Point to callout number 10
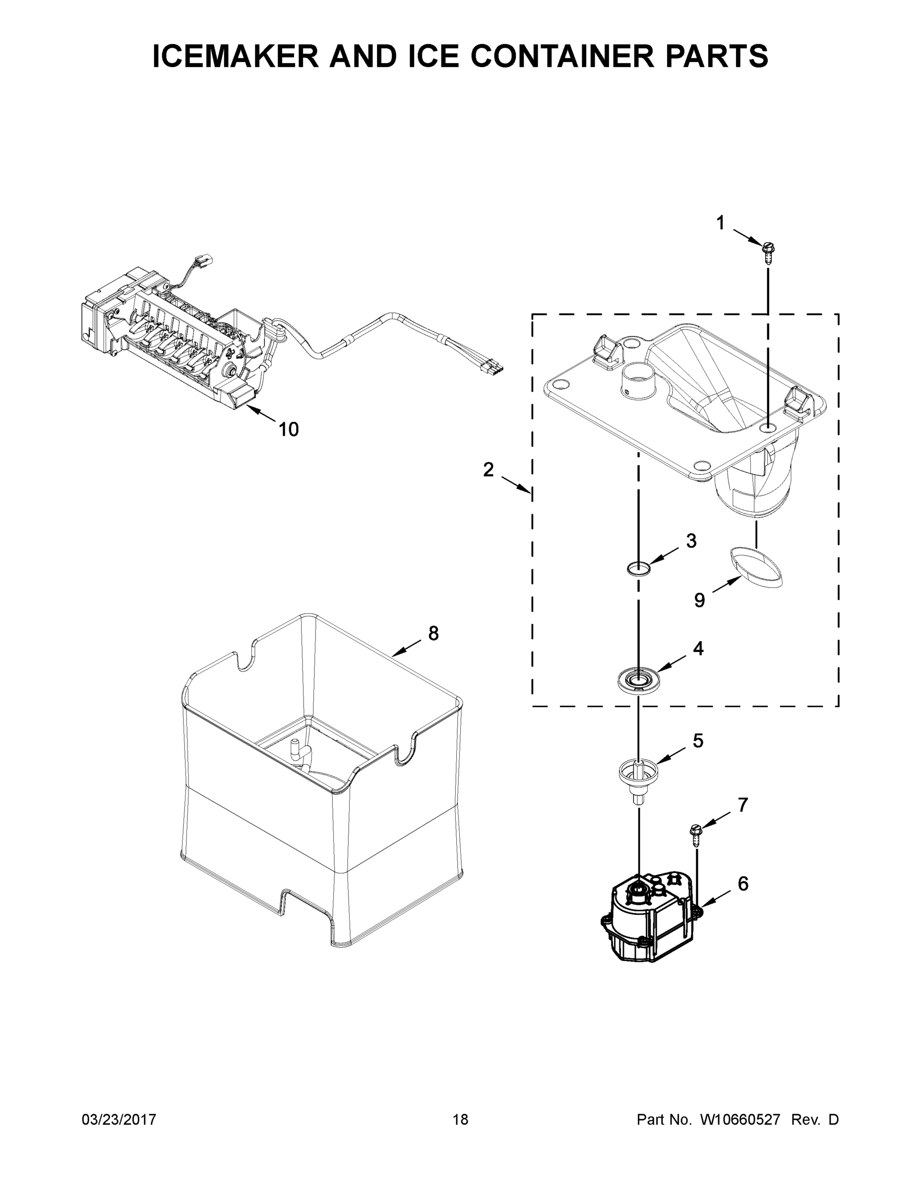pos(288,429)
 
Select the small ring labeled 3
pos(638,569)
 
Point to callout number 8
pos(433,633)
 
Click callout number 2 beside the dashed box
pos(488,469)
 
